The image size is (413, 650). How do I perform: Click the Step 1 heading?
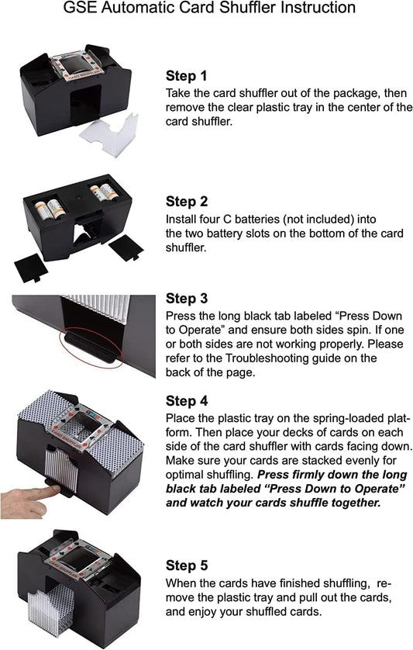coord(186,76)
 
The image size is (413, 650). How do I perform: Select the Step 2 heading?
coord(187,202)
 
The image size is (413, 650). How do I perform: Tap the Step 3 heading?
coord(187,299)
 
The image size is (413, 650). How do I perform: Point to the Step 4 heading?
coord(187,401)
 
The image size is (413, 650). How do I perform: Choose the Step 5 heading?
coord(187,565)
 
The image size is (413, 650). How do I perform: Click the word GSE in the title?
coord(80,8)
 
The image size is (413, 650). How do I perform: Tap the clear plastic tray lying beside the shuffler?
coord(109,134)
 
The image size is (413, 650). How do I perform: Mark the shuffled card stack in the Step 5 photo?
coord(51,610)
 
